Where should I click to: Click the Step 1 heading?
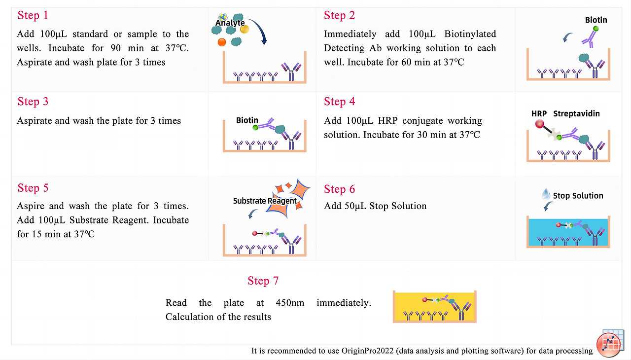(x=33, y=15)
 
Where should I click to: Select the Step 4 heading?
(x=339, y=102)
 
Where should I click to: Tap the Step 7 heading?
(x=263, y=281)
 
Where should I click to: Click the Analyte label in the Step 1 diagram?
(x=230, y=23)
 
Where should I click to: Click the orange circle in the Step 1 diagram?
(x=222, y=42)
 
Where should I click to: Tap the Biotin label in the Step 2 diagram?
(x=596, y=20)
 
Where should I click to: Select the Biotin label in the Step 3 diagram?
(x=247, y=120)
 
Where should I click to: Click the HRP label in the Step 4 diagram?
(x=539, y=114)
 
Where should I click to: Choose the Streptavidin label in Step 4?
(x=576, y=114)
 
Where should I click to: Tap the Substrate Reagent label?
(x=265, y=201)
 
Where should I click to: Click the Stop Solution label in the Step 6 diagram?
(x=578, y=196)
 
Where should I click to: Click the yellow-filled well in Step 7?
(x=435, y=306)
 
